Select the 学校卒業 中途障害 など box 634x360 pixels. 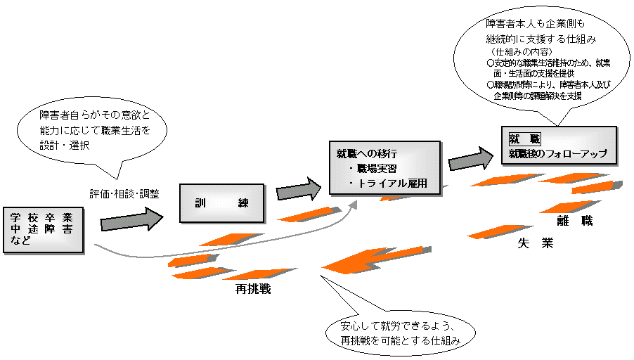tap(43, 229)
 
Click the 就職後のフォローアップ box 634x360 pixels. tap(558, 144)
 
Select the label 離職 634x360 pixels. tap(575, 221)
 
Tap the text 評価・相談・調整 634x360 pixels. tap(124, 193)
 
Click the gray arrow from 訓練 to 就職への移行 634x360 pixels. tap(298, 190)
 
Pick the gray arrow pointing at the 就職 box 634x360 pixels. tap(471, 158)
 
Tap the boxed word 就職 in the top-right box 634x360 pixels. tap(524, 138)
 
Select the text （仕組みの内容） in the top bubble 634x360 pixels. tap(520, 51)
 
